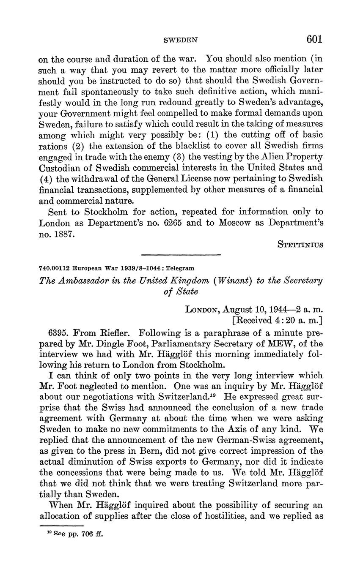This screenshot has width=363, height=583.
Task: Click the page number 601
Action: coord(314,39)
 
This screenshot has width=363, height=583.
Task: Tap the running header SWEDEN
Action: coord(181,40)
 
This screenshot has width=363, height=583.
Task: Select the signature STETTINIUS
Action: coord(300,245)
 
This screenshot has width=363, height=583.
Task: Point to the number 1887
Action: coord(63,234)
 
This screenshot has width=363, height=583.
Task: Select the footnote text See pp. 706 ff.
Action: coord(74,534)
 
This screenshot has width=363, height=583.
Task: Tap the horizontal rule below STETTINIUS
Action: coord(181,255)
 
